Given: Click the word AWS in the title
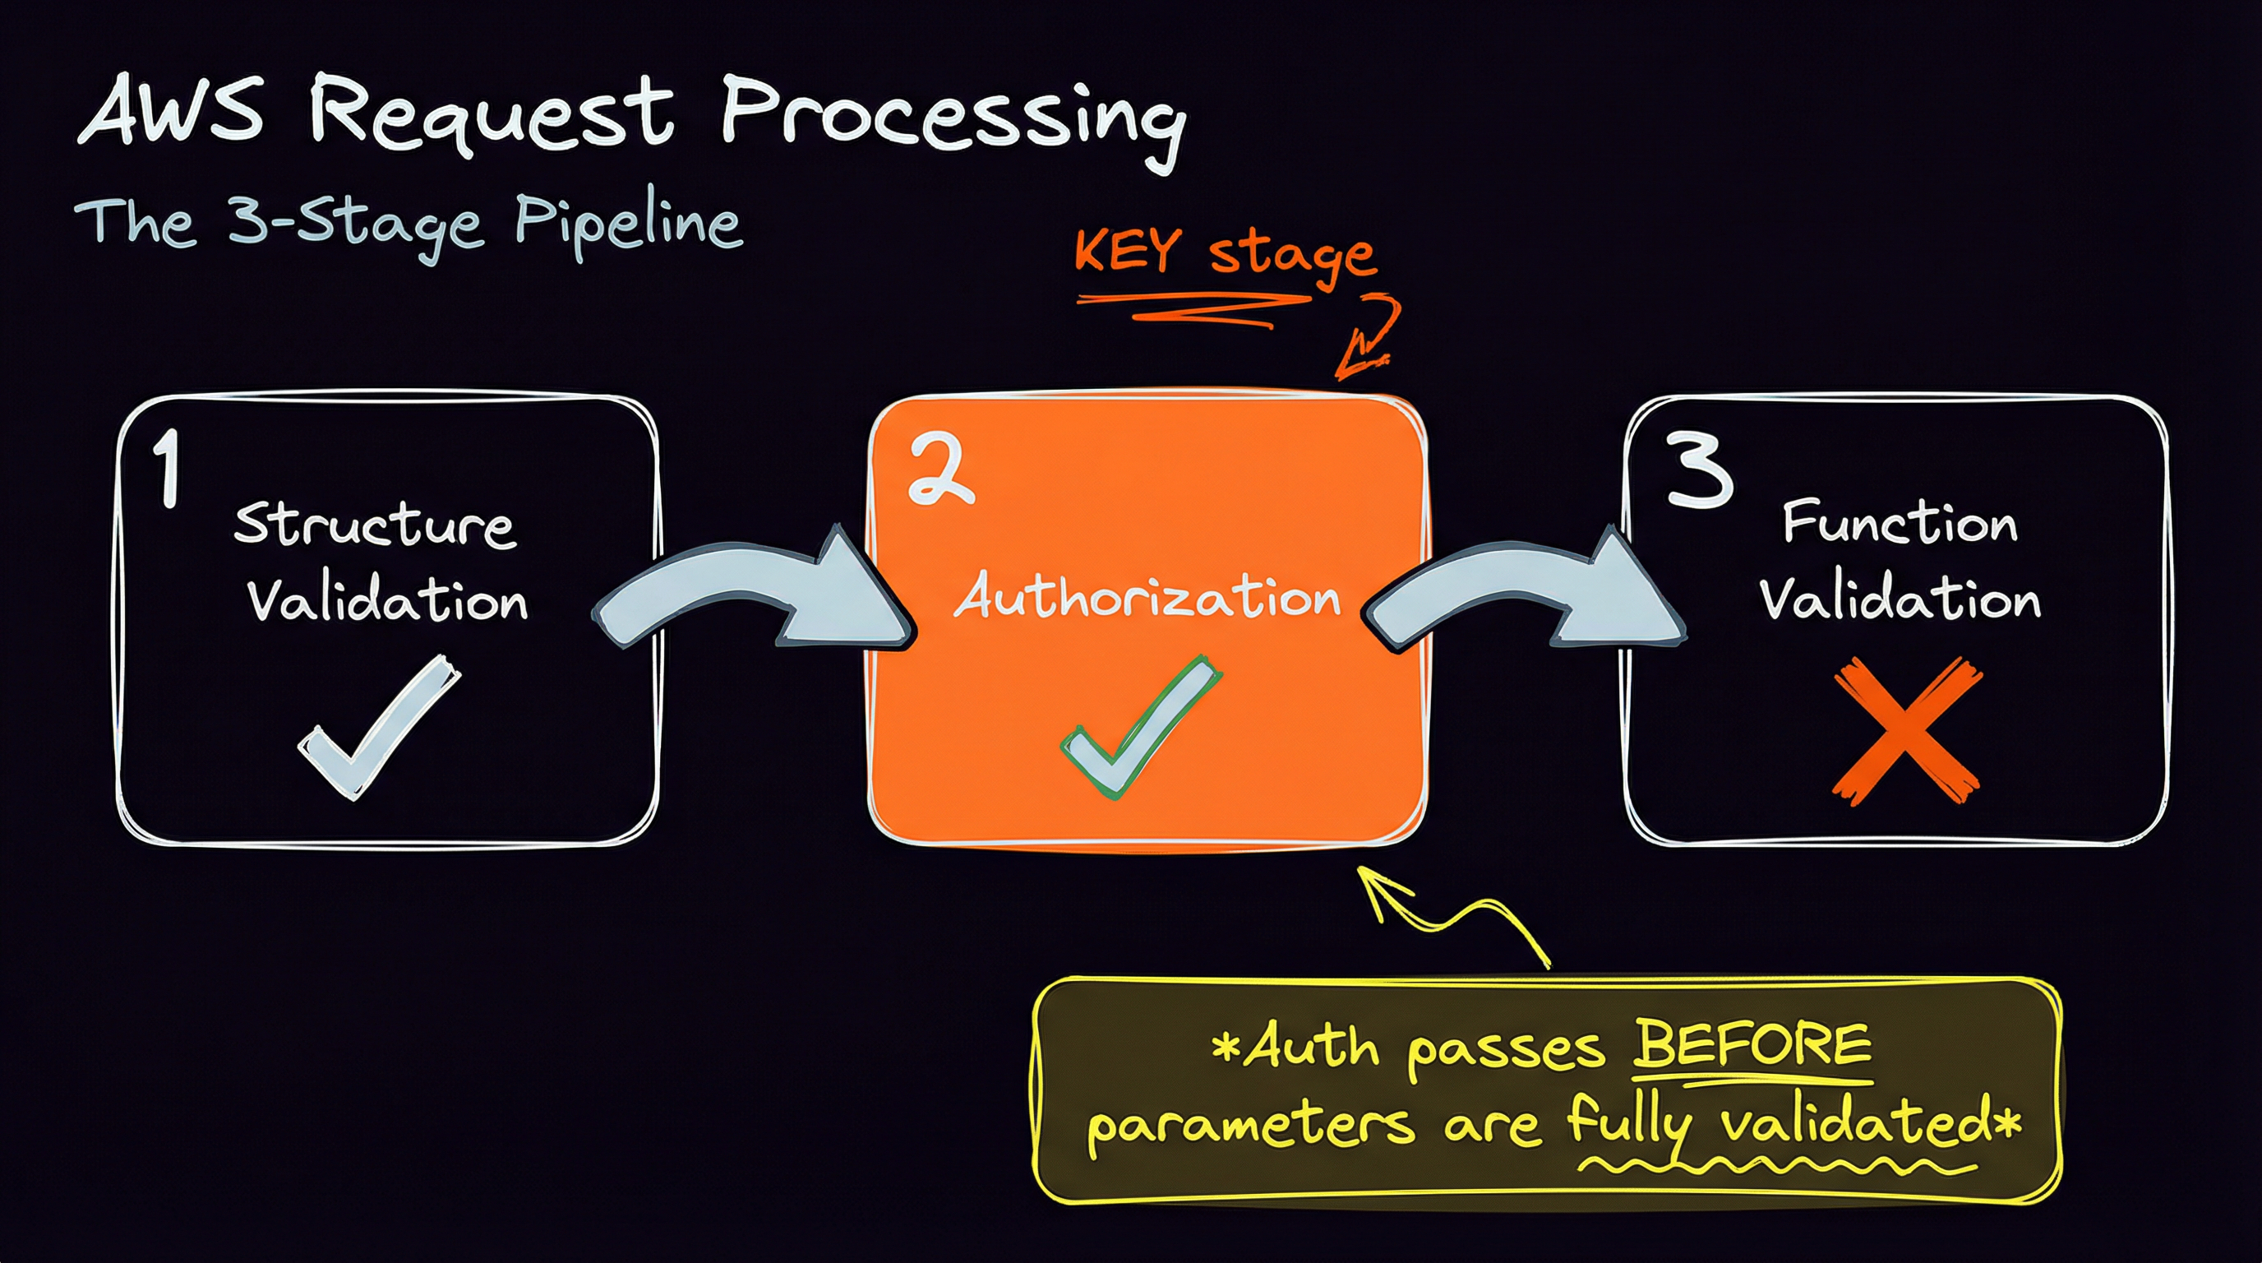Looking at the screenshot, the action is click(172, 111).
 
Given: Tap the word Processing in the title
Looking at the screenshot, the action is click(953, 123).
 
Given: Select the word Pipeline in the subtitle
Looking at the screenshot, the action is click(629, 223).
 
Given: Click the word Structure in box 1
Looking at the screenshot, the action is click(375, 525).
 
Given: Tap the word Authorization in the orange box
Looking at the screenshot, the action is click(1147, 596).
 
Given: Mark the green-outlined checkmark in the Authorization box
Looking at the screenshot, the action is click(1140, 727).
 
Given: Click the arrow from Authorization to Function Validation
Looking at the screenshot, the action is click(1525, 589).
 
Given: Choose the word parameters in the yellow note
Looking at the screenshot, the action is click(1252, 1127).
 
